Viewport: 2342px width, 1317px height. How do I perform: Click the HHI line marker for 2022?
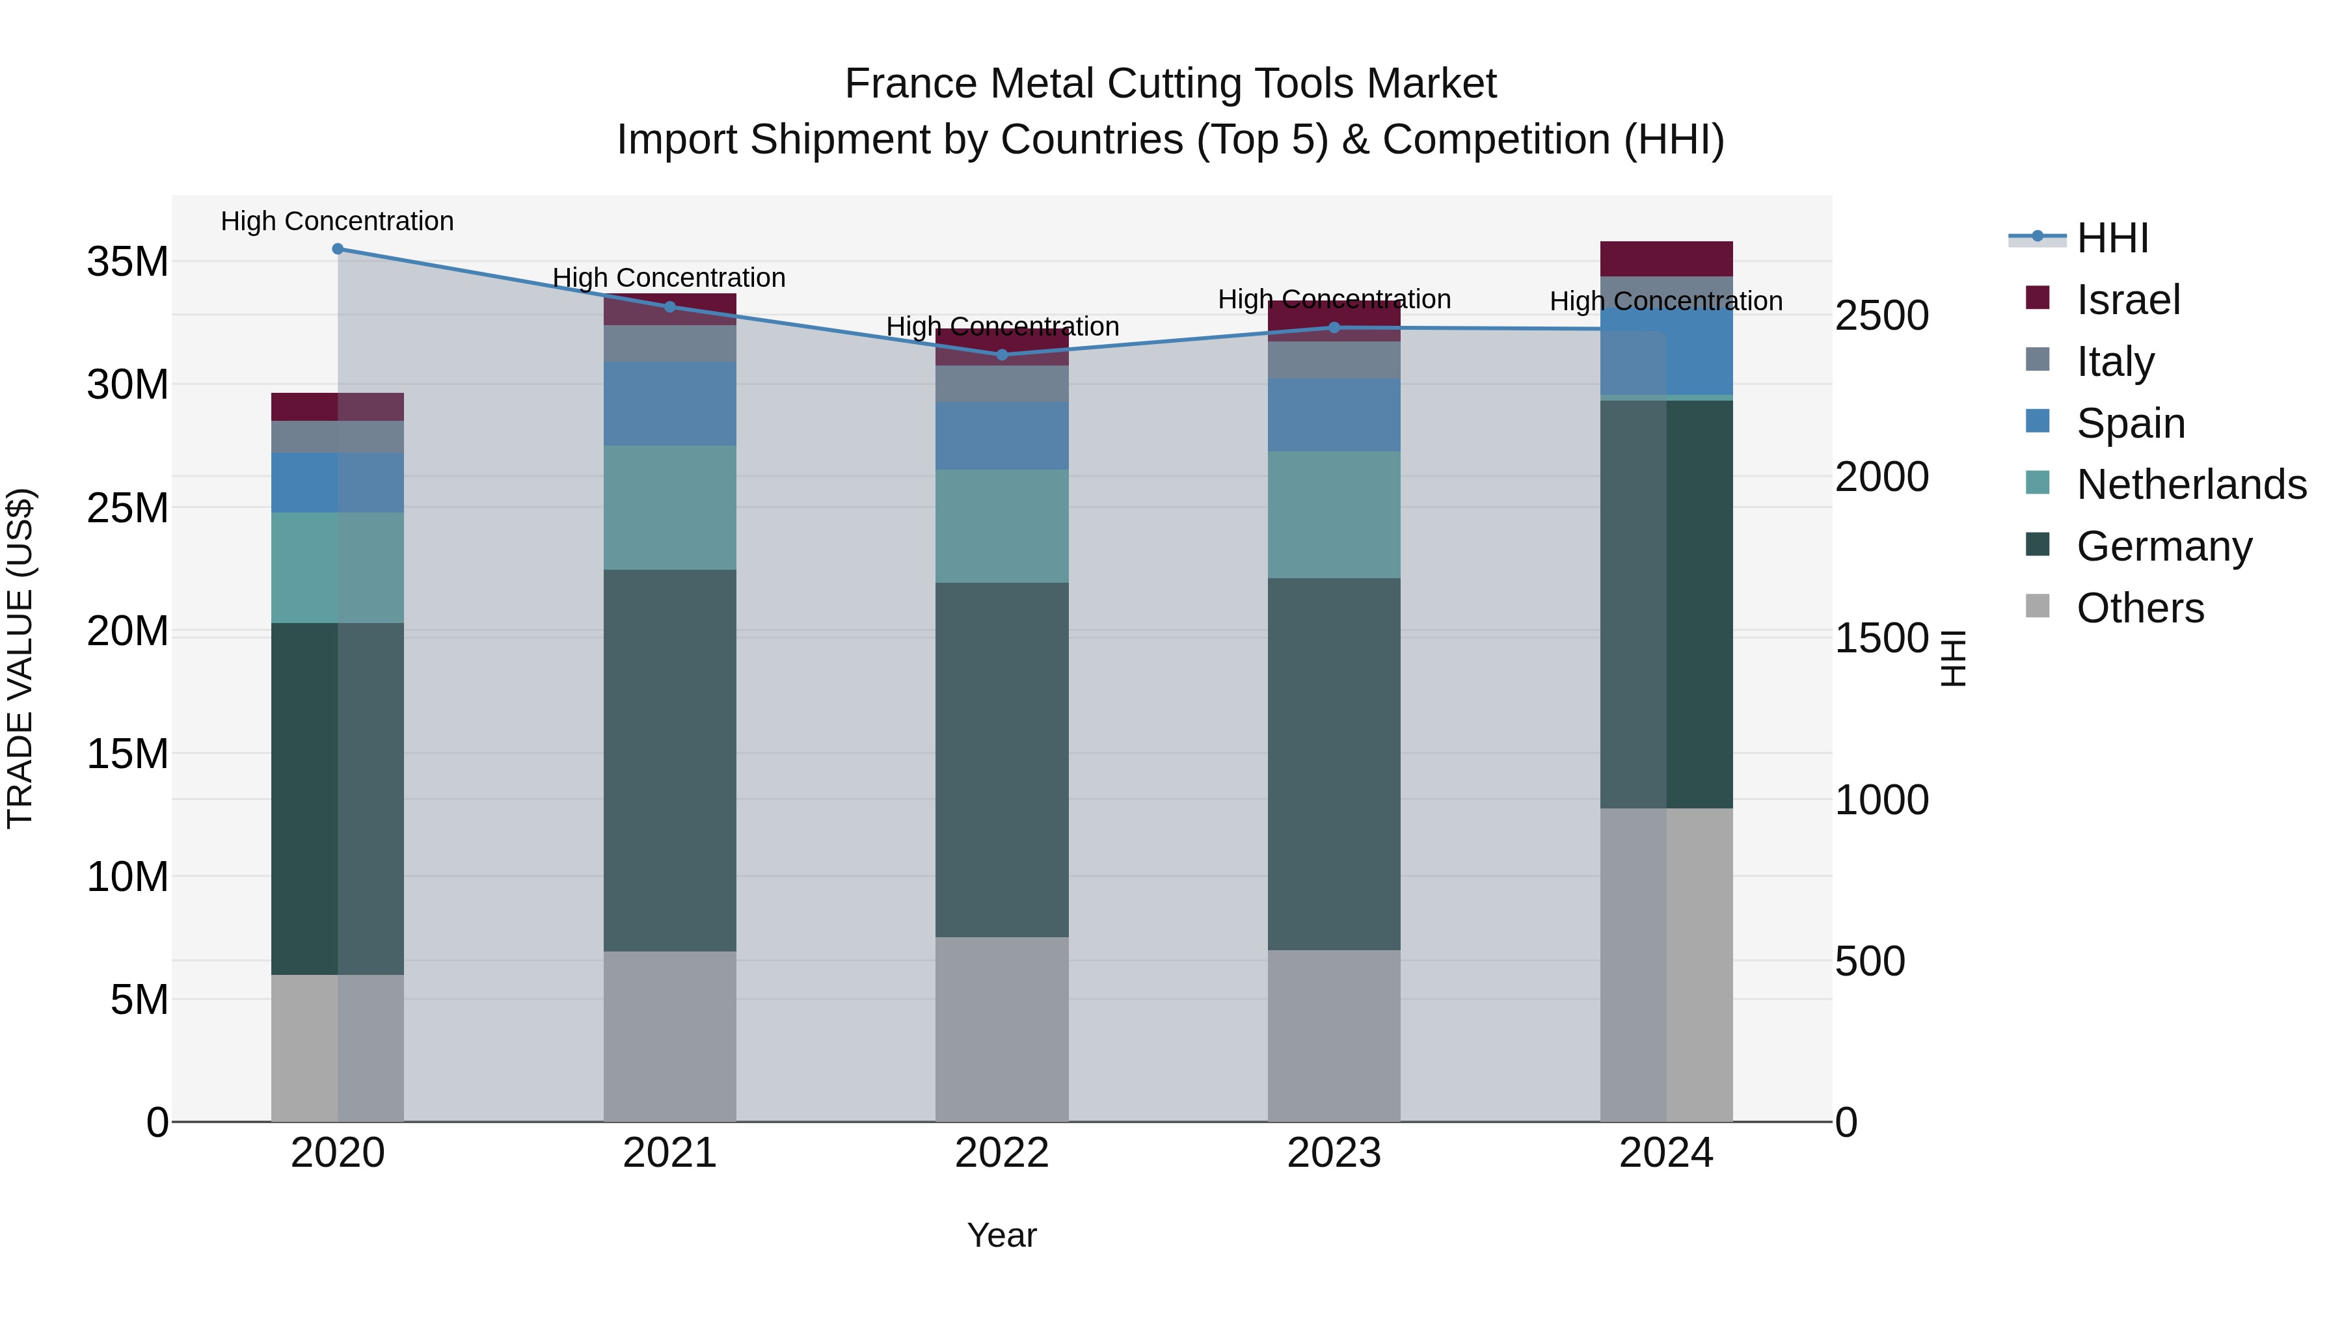coord(1002,354)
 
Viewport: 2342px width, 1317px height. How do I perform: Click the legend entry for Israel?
coord(2127,299)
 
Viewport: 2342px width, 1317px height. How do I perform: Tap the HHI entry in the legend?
coord(2112,238)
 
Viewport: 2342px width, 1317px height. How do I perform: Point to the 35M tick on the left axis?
coord(128,261)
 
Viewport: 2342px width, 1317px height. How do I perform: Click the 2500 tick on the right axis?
coord(1881,315)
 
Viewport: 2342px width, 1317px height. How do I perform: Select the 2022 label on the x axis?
coord(1002,1152)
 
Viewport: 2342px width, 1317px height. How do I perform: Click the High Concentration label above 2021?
coord(669,277)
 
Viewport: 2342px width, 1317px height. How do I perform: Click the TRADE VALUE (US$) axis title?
coord(20,658)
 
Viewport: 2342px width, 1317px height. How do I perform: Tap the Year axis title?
coord(1002,1235)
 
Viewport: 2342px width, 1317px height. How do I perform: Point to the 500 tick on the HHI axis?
coord(1869,961)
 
